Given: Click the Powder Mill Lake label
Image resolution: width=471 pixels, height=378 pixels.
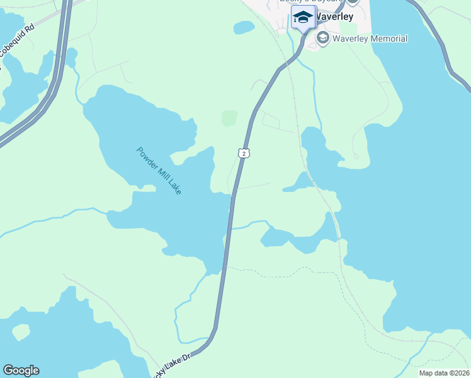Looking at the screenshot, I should pyautogui.click(x=159, y=170).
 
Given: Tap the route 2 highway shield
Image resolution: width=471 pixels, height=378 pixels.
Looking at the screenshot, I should pyautogui.click(x=244, y=153).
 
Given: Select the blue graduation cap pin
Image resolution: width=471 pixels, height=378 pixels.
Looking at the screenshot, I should pyautogui.click(x=303, y=18).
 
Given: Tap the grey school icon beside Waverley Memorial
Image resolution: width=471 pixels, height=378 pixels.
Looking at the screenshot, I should pyautogui.click(x=323, y=38).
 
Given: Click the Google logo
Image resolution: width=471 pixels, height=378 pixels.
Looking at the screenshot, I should pyautogui.click(x=21, y=370).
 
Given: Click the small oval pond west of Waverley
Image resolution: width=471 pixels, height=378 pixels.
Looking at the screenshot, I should pyautogui.click(x=244, y=28).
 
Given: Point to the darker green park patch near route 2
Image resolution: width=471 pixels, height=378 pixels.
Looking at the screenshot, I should pyautogui.click(x=229, y=118).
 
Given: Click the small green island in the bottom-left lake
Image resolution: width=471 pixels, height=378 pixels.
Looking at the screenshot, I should pyautogui.click(x=21, y=332).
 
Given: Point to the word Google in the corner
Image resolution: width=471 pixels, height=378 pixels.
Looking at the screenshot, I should pyautogui.click(x=21, y=370).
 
